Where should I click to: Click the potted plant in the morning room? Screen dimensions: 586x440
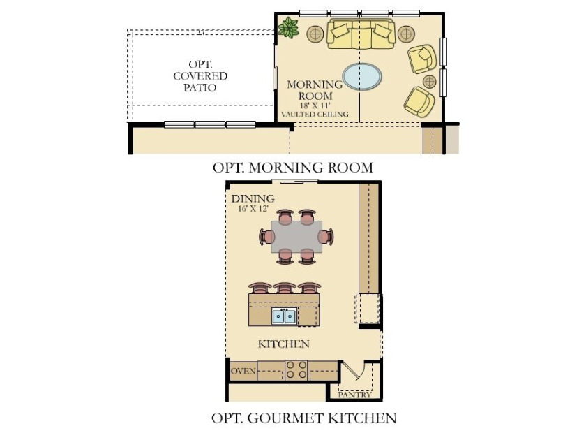click(289, 28)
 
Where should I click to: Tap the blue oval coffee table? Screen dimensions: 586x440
click(362, 76)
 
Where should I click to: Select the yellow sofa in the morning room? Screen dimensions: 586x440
click(361, 34)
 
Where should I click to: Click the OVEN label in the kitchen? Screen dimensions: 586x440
click(243, 371)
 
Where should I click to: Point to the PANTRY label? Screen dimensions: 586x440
click(354, 395)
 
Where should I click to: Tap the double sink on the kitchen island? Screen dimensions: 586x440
click(284, 316)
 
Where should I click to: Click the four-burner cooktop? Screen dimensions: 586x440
click(296, 370)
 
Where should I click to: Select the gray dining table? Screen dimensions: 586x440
click(296, 237)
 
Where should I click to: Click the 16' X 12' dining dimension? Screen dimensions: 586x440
click(253, 209)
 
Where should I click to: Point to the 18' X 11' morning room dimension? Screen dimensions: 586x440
click(315, 105)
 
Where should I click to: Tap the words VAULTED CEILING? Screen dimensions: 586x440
click(315, 115)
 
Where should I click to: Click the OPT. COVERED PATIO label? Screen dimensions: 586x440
click(200, 76)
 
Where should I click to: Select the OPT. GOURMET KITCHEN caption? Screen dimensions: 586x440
click(304, 418)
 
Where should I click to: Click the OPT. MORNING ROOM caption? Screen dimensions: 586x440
click(293, 167)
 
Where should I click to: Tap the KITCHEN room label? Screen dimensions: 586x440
click(284, 344)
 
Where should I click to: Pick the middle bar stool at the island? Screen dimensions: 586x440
click(285, 288)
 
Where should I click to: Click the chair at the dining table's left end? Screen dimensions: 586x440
click(266, 237)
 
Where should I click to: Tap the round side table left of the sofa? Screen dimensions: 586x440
click(315, 34)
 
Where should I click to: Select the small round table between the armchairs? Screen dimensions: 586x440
click(430, 81)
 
